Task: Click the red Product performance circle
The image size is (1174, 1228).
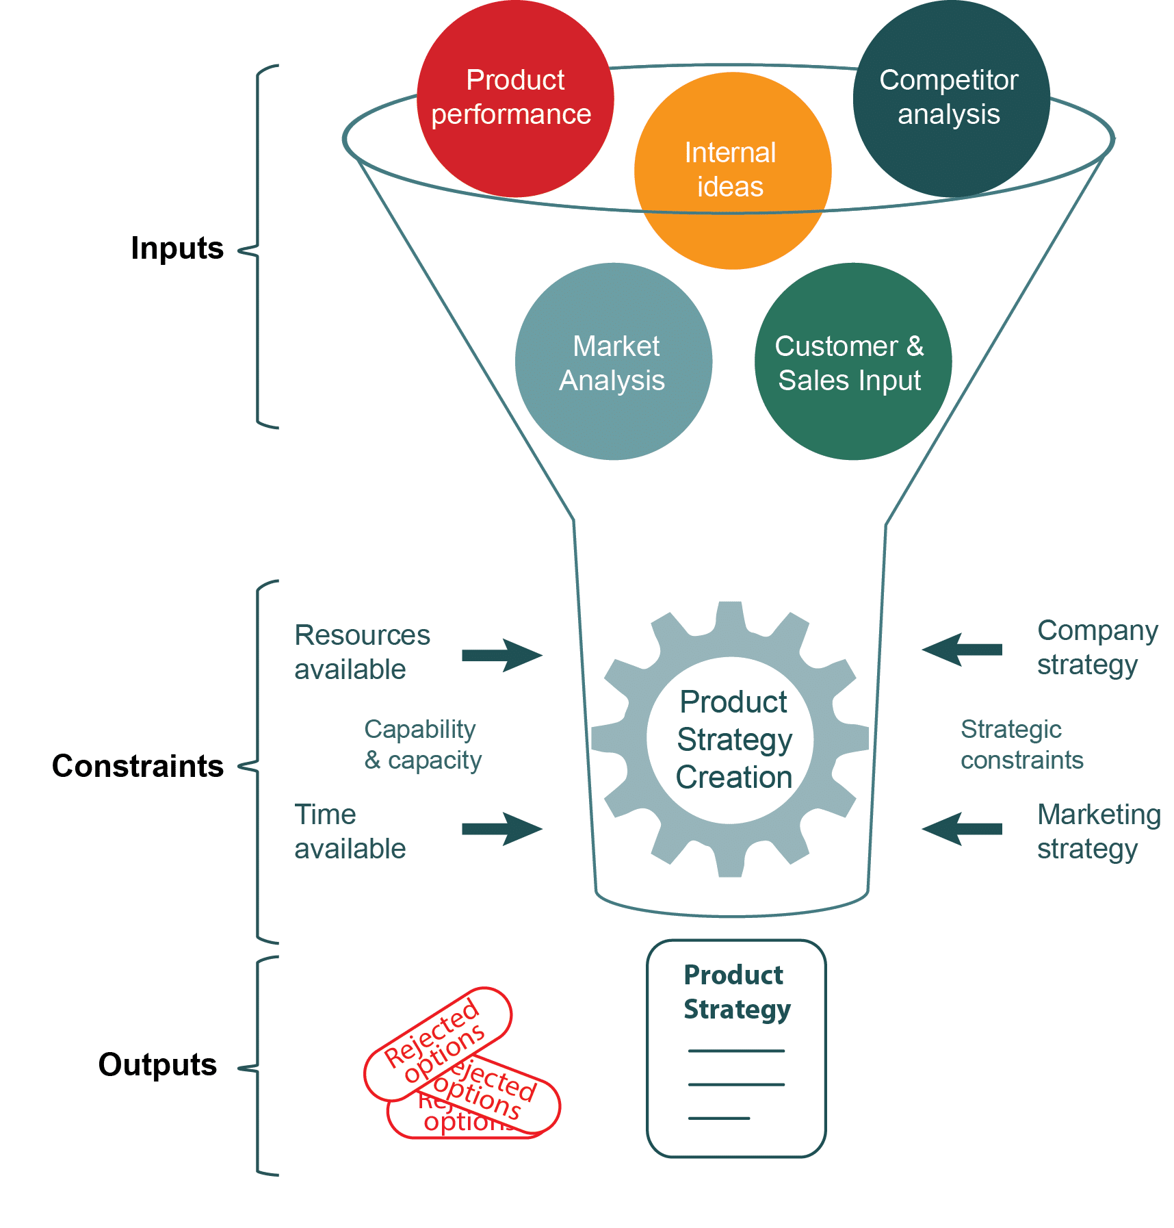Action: coord(515,99)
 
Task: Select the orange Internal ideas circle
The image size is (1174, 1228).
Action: coord(733,170)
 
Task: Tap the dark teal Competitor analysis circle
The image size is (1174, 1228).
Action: coord(951,99)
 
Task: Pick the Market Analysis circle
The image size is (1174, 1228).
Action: coord(614,361)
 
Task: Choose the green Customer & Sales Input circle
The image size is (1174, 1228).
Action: coord(853,361)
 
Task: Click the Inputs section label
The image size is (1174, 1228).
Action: coord(177,248)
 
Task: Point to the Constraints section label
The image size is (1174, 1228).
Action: coord(138,765)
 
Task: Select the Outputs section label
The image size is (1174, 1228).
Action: coord(157,1064)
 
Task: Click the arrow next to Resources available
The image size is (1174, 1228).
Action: coord(502,655)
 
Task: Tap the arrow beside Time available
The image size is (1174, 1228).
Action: coord(502,829)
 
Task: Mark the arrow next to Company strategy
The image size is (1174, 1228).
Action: coord(962,650)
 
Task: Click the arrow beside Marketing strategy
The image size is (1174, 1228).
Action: coord(962,829)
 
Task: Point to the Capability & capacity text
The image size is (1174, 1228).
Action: coord(423,745)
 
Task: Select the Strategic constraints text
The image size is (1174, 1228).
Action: coord(1022,745)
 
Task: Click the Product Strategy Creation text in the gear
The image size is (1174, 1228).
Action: coord(734,739)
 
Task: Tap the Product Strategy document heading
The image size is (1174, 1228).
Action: coord(737,993)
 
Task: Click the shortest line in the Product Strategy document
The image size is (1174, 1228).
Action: coord(719,1118)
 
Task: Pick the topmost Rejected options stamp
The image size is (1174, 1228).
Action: coord(438,1044)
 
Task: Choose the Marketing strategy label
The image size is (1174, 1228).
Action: coord(1099,832)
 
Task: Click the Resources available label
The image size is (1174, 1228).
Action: coord(362,652)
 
